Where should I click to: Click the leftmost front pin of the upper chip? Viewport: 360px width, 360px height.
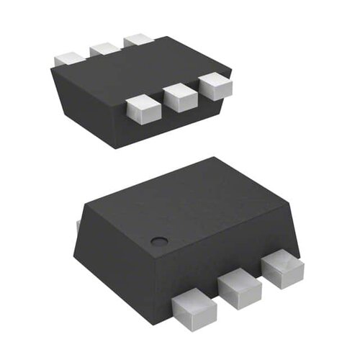pos(142,107)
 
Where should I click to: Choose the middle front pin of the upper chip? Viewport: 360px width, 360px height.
pos(180,96)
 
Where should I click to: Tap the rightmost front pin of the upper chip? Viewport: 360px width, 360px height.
pos(216,86)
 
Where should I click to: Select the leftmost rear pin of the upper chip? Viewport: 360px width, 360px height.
pos(68,58)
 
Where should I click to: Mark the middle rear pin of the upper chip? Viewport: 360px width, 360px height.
pos(104,49)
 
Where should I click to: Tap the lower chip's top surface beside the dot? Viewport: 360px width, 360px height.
pos(194,202)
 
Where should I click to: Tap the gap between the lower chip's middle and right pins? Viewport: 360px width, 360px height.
pos(261,280)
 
